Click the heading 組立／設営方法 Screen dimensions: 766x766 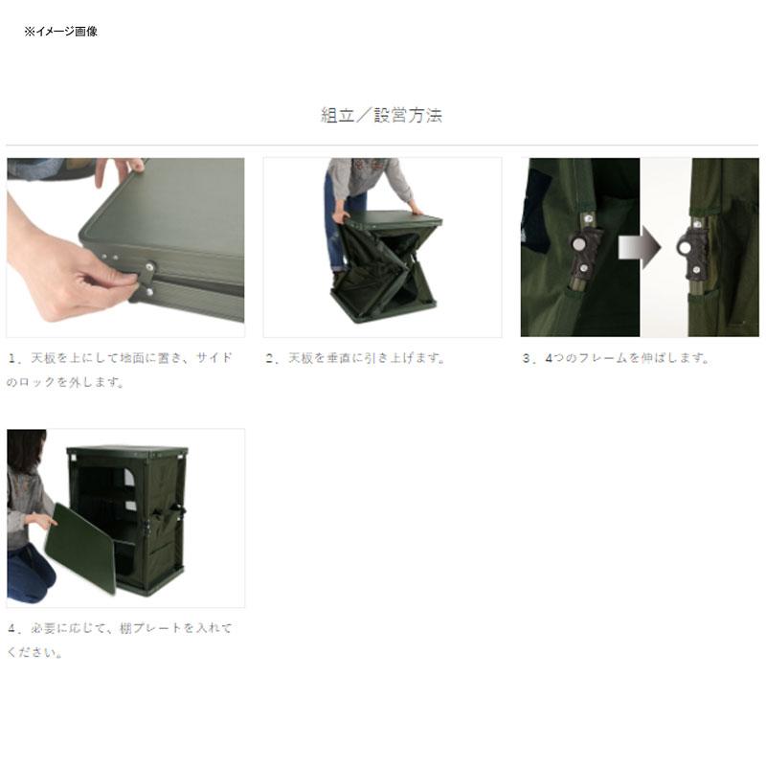click(381, 116)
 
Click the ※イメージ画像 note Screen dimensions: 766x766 click(60, 32)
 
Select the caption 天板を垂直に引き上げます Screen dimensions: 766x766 click(355, 358)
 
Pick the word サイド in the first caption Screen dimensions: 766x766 click(214, 358)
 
